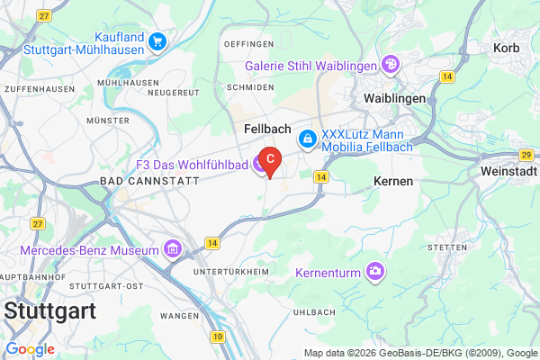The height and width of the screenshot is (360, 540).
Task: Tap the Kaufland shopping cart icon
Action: tap(157, 40)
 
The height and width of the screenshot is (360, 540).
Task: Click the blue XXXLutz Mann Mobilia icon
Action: tap(308, 139)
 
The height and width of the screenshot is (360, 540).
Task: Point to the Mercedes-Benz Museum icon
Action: tap(169, 247)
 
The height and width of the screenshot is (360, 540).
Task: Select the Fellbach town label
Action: tap(265, 130)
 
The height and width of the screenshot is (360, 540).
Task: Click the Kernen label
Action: tap(392, 181)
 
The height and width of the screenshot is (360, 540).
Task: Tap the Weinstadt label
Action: tap(509, 171)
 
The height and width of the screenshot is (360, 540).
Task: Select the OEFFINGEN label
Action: tap(248, 44)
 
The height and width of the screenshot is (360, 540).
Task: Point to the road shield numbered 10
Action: tap(218, 337)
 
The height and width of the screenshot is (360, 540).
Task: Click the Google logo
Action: tap(30, 349)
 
